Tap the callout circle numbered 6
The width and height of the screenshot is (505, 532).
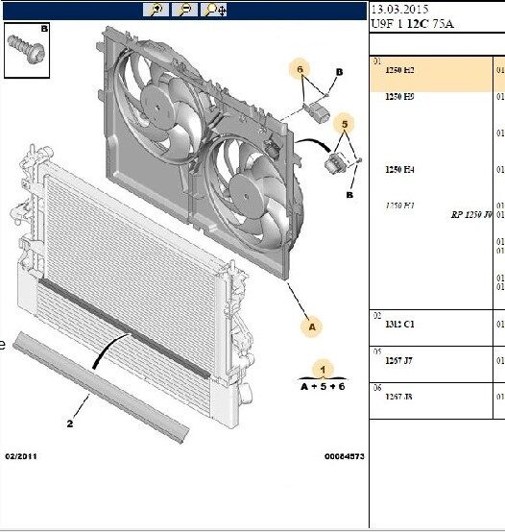pos(300,70)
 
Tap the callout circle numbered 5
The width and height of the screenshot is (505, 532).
pos(343,123)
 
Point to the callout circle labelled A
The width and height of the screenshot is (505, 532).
pos(311,326)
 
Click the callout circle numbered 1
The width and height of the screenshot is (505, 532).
pos(324,369)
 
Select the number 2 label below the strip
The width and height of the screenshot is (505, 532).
pos(70,423)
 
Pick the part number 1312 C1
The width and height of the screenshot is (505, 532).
pos(398,325)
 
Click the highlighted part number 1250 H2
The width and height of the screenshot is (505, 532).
pos(399,71)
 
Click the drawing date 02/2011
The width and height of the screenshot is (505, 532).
pos(22,456)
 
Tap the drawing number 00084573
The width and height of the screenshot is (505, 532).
pos(344,456)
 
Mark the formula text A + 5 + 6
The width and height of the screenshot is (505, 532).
pos(323,385)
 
